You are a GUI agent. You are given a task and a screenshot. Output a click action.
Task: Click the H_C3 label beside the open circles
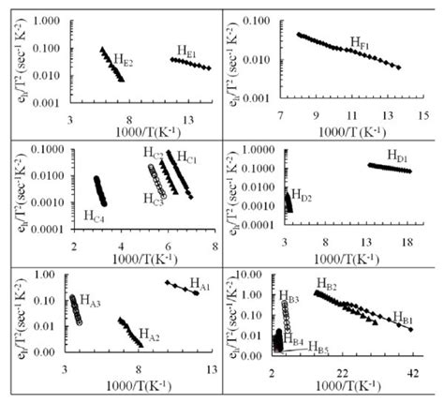pos(154,199)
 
